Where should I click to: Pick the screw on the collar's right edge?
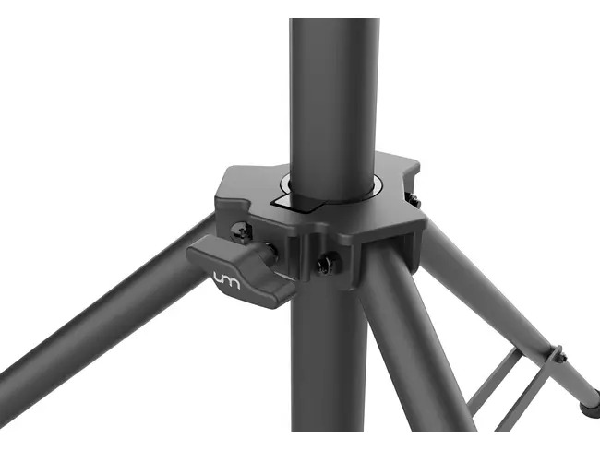(x=413, y=199)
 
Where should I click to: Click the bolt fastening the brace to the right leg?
(x=558, y=355)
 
